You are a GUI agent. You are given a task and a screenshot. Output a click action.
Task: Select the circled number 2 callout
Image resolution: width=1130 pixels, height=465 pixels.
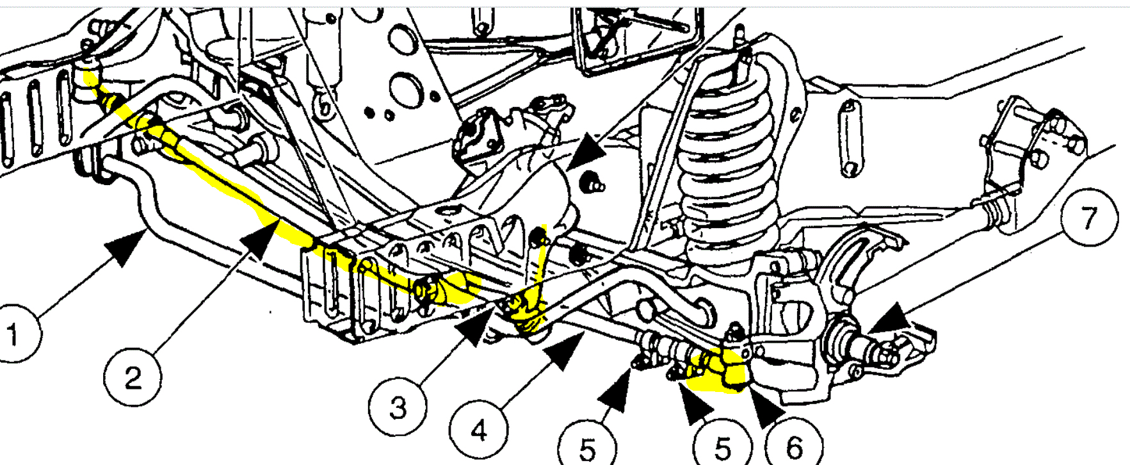pos(133,377)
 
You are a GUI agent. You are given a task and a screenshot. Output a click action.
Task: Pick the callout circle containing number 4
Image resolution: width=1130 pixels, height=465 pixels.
pos(479,430)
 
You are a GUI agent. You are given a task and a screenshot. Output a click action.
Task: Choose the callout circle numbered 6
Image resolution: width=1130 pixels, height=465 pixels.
pos(794,446)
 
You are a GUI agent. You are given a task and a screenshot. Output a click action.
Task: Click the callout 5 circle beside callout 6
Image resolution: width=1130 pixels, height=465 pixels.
pos(722,447)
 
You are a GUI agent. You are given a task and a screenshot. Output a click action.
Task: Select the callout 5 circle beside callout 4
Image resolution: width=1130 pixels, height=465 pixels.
pos(587,448)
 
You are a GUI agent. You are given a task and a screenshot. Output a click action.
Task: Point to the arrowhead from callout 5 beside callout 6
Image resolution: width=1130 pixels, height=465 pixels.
pos(695,404)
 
